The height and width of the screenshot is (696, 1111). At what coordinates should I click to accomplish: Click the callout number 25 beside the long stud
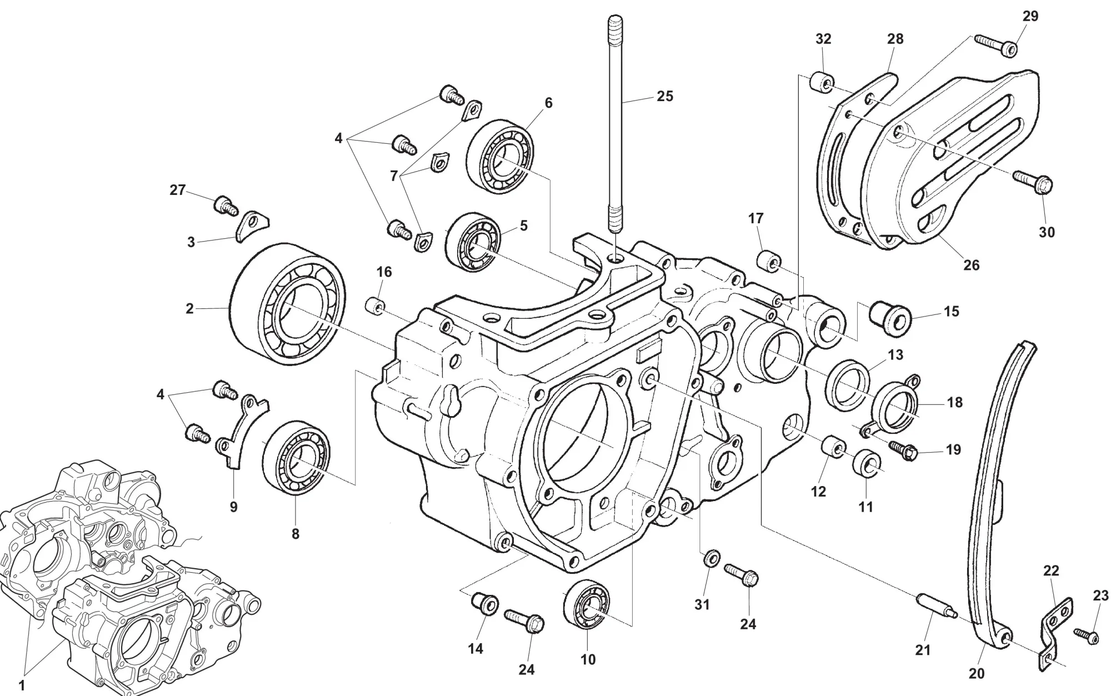[x=664, y=96]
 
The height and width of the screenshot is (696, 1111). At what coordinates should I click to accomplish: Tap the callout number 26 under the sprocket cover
[x=971, y=265]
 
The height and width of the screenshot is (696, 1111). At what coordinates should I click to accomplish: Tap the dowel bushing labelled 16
[x=376, y=306]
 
